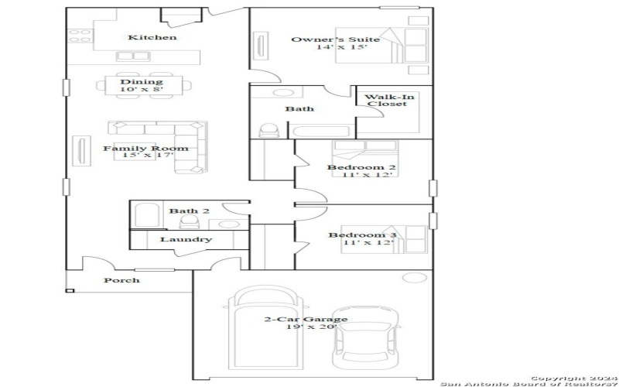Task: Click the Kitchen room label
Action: click(x=152, y=37)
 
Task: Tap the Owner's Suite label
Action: click(x=335, y=39)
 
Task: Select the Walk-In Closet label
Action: click(x=386, y=101)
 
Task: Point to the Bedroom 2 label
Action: click(x=361, y=167)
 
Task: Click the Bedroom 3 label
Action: click(x=361, y=235)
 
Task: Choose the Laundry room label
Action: click(x=186, y=239)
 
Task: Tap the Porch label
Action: click(x=121, y=280)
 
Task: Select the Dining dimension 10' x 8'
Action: click(x=141, y=90)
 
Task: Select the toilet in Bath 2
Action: click(x=187, y=221)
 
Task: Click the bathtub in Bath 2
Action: click(x=145, y=214)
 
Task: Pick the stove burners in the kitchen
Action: click(x=79, y=36)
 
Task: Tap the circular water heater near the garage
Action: click(x=416, y=278)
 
